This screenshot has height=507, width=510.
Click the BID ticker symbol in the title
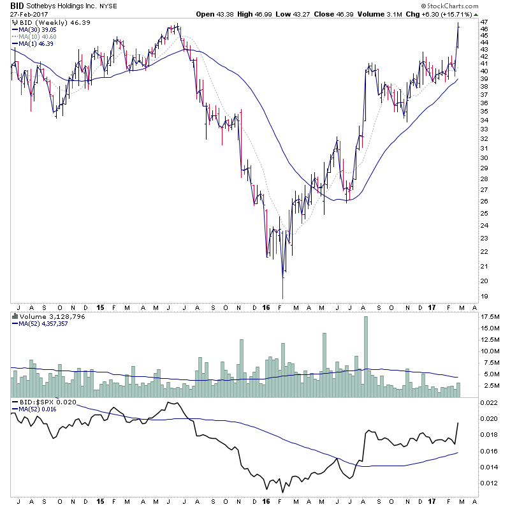pyautogui.click(x=17, y=5)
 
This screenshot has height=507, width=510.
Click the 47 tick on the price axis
pyautogui.click(x=484, y=21)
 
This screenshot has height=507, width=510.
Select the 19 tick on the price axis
pyautogui.click(x=484, y=297)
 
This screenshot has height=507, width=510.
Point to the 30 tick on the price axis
pyautogui.click(x=484, y=158)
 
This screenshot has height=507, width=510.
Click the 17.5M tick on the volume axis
pyautogui.click(x=490, y=317)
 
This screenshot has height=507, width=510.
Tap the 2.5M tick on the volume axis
pyautogui.click(x=488, y=386)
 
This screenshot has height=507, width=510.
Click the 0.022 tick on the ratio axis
pyautogui.click(x=488, y=402)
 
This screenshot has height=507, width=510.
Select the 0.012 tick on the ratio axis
pyautogui.click(x=488, y=482)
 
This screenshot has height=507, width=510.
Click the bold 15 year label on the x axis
pyautogui.click(x=101, y=307)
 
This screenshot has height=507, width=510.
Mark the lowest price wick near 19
pyautogui.click(x=282, y=295)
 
